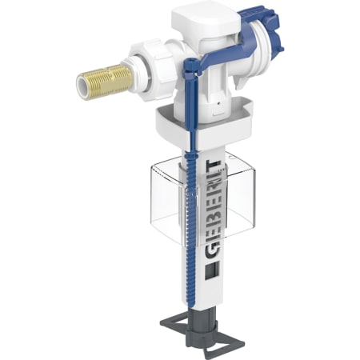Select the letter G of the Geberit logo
(x=214, y=250)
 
